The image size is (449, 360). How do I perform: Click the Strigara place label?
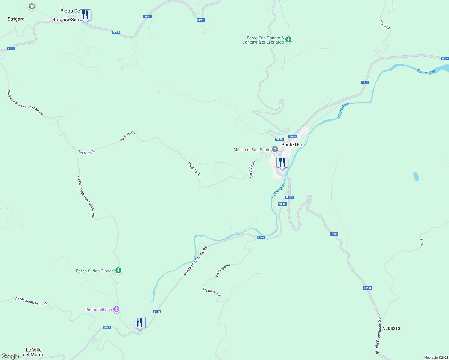coord(16,19)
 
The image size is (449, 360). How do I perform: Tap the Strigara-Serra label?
coord(67,20)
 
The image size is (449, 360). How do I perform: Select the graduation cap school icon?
coord(32,7)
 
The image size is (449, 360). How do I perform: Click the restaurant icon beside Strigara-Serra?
coord(85,15)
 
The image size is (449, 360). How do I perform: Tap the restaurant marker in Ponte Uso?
coord(282,162)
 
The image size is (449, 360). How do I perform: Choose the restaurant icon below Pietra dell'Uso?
coord(140,322)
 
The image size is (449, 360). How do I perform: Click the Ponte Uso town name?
coord(292,145)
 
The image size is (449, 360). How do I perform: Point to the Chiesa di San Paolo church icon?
coord(275,149)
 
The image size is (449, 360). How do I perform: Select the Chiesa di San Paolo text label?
coord(252,150)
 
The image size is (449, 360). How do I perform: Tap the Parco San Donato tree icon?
coord(288,39)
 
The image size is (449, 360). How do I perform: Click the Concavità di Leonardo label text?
coord(263,42)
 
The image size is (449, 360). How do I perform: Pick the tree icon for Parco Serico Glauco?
coord(119,271)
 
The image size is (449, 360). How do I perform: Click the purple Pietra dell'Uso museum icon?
coord(116,309)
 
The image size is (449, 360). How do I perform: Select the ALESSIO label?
coord(391,328)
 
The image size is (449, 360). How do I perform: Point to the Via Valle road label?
coord(385,25)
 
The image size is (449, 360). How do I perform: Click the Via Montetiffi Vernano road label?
coord(31,301)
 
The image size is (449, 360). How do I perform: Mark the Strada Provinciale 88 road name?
coord(195,262)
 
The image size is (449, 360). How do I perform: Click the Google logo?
coord(10,356)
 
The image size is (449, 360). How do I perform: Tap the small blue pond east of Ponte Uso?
coord(416,176)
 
